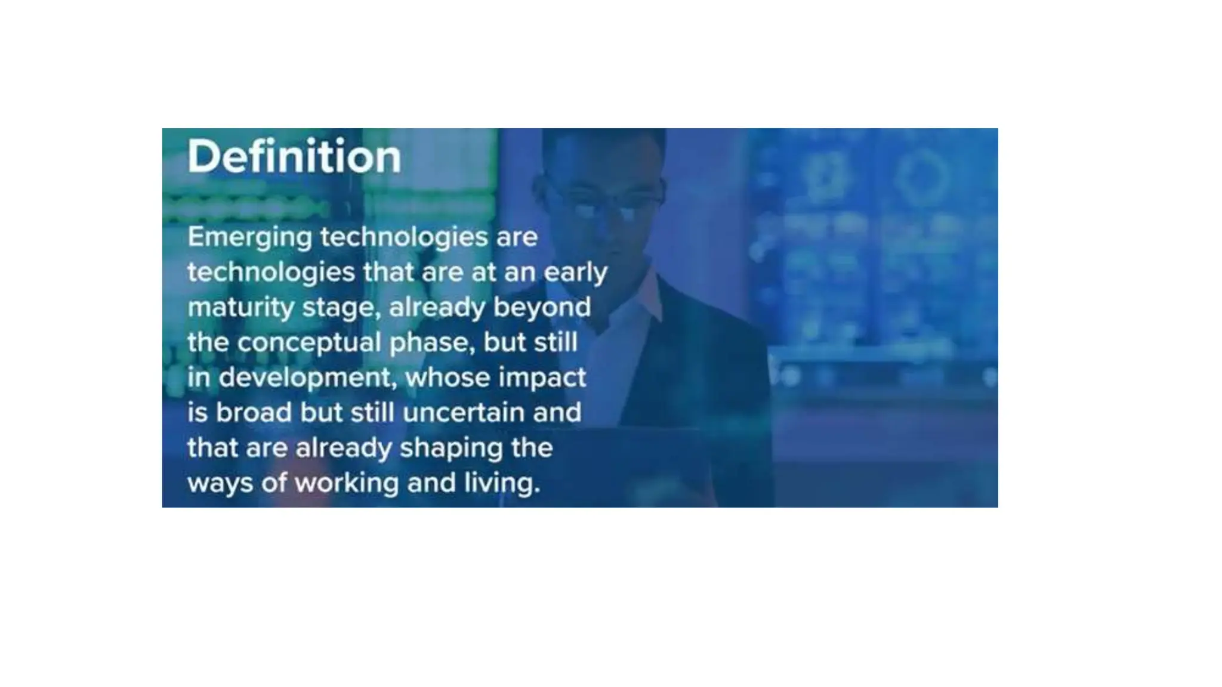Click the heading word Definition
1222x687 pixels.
tap(294, 157)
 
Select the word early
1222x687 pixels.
tap(575, 273)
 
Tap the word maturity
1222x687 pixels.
tap(240, 308)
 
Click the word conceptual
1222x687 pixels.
tap(308, 343)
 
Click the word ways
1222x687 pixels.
tap(220, 483)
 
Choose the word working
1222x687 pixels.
tap(346, 483)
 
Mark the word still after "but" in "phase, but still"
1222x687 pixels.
tap(556, 343)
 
